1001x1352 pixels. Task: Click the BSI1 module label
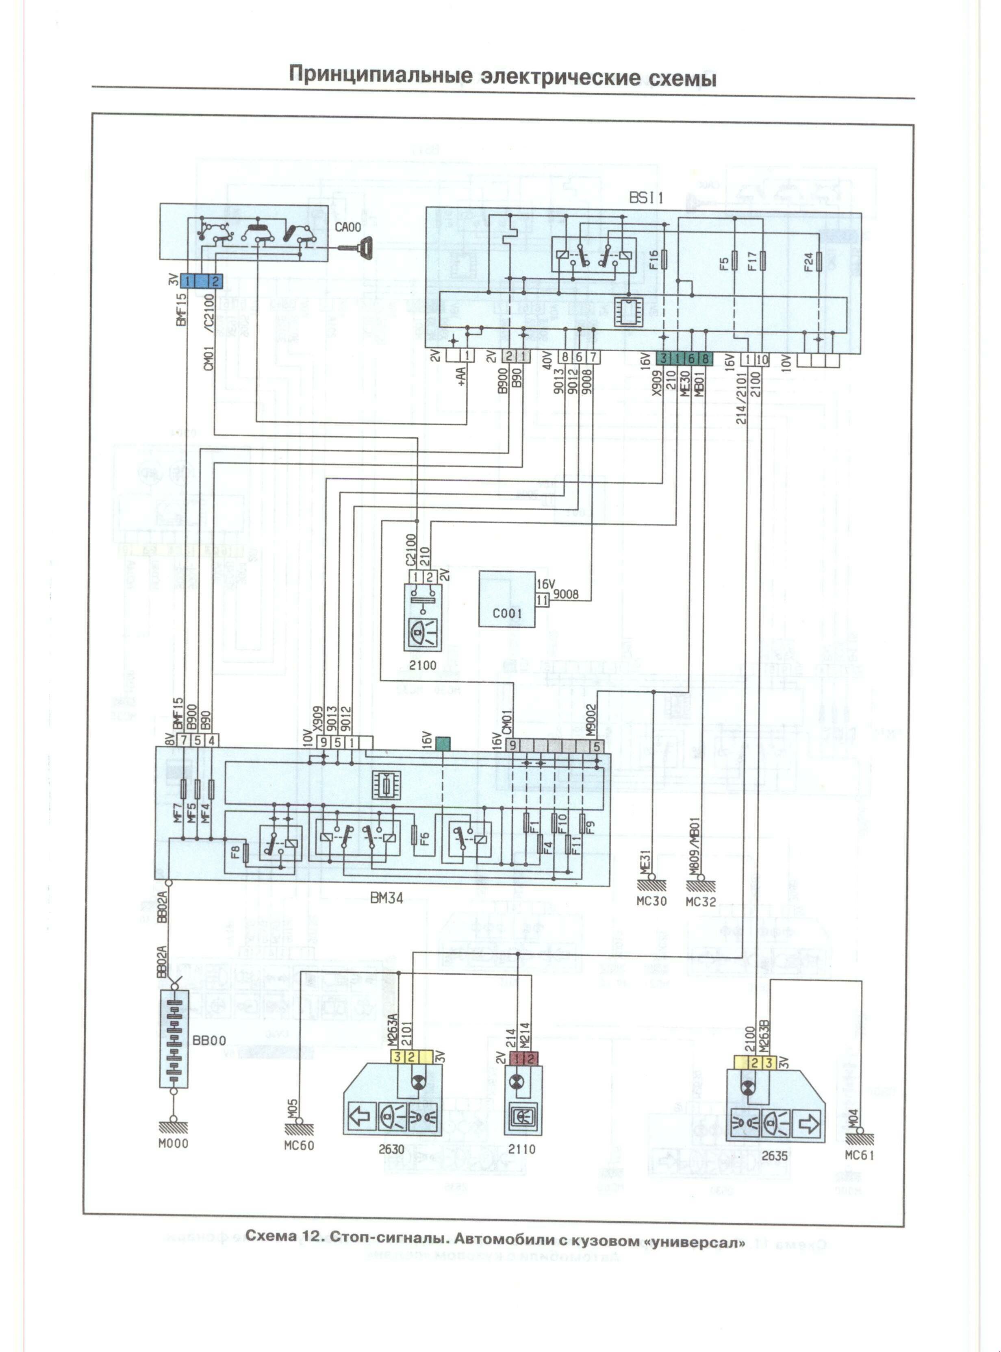click(646, 198)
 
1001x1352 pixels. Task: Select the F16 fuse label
click(653, 259)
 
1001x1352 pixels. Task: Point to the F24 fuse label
click(808, 262)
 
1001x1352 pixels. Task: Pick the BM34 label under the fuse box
click(387, 898)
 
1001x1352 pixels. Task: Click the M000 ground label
click(173, 1143)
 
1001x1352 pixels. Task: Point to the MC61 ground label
click(859, 1155)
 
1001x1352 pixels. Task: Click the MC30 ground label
click(651, 901)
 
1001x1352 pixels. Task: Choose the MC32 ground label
click(701, 901)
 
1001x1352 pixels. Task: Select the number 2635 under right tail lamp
click(774, 1156)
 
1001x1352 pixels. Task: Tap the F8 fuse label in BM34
click(235, 853)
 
